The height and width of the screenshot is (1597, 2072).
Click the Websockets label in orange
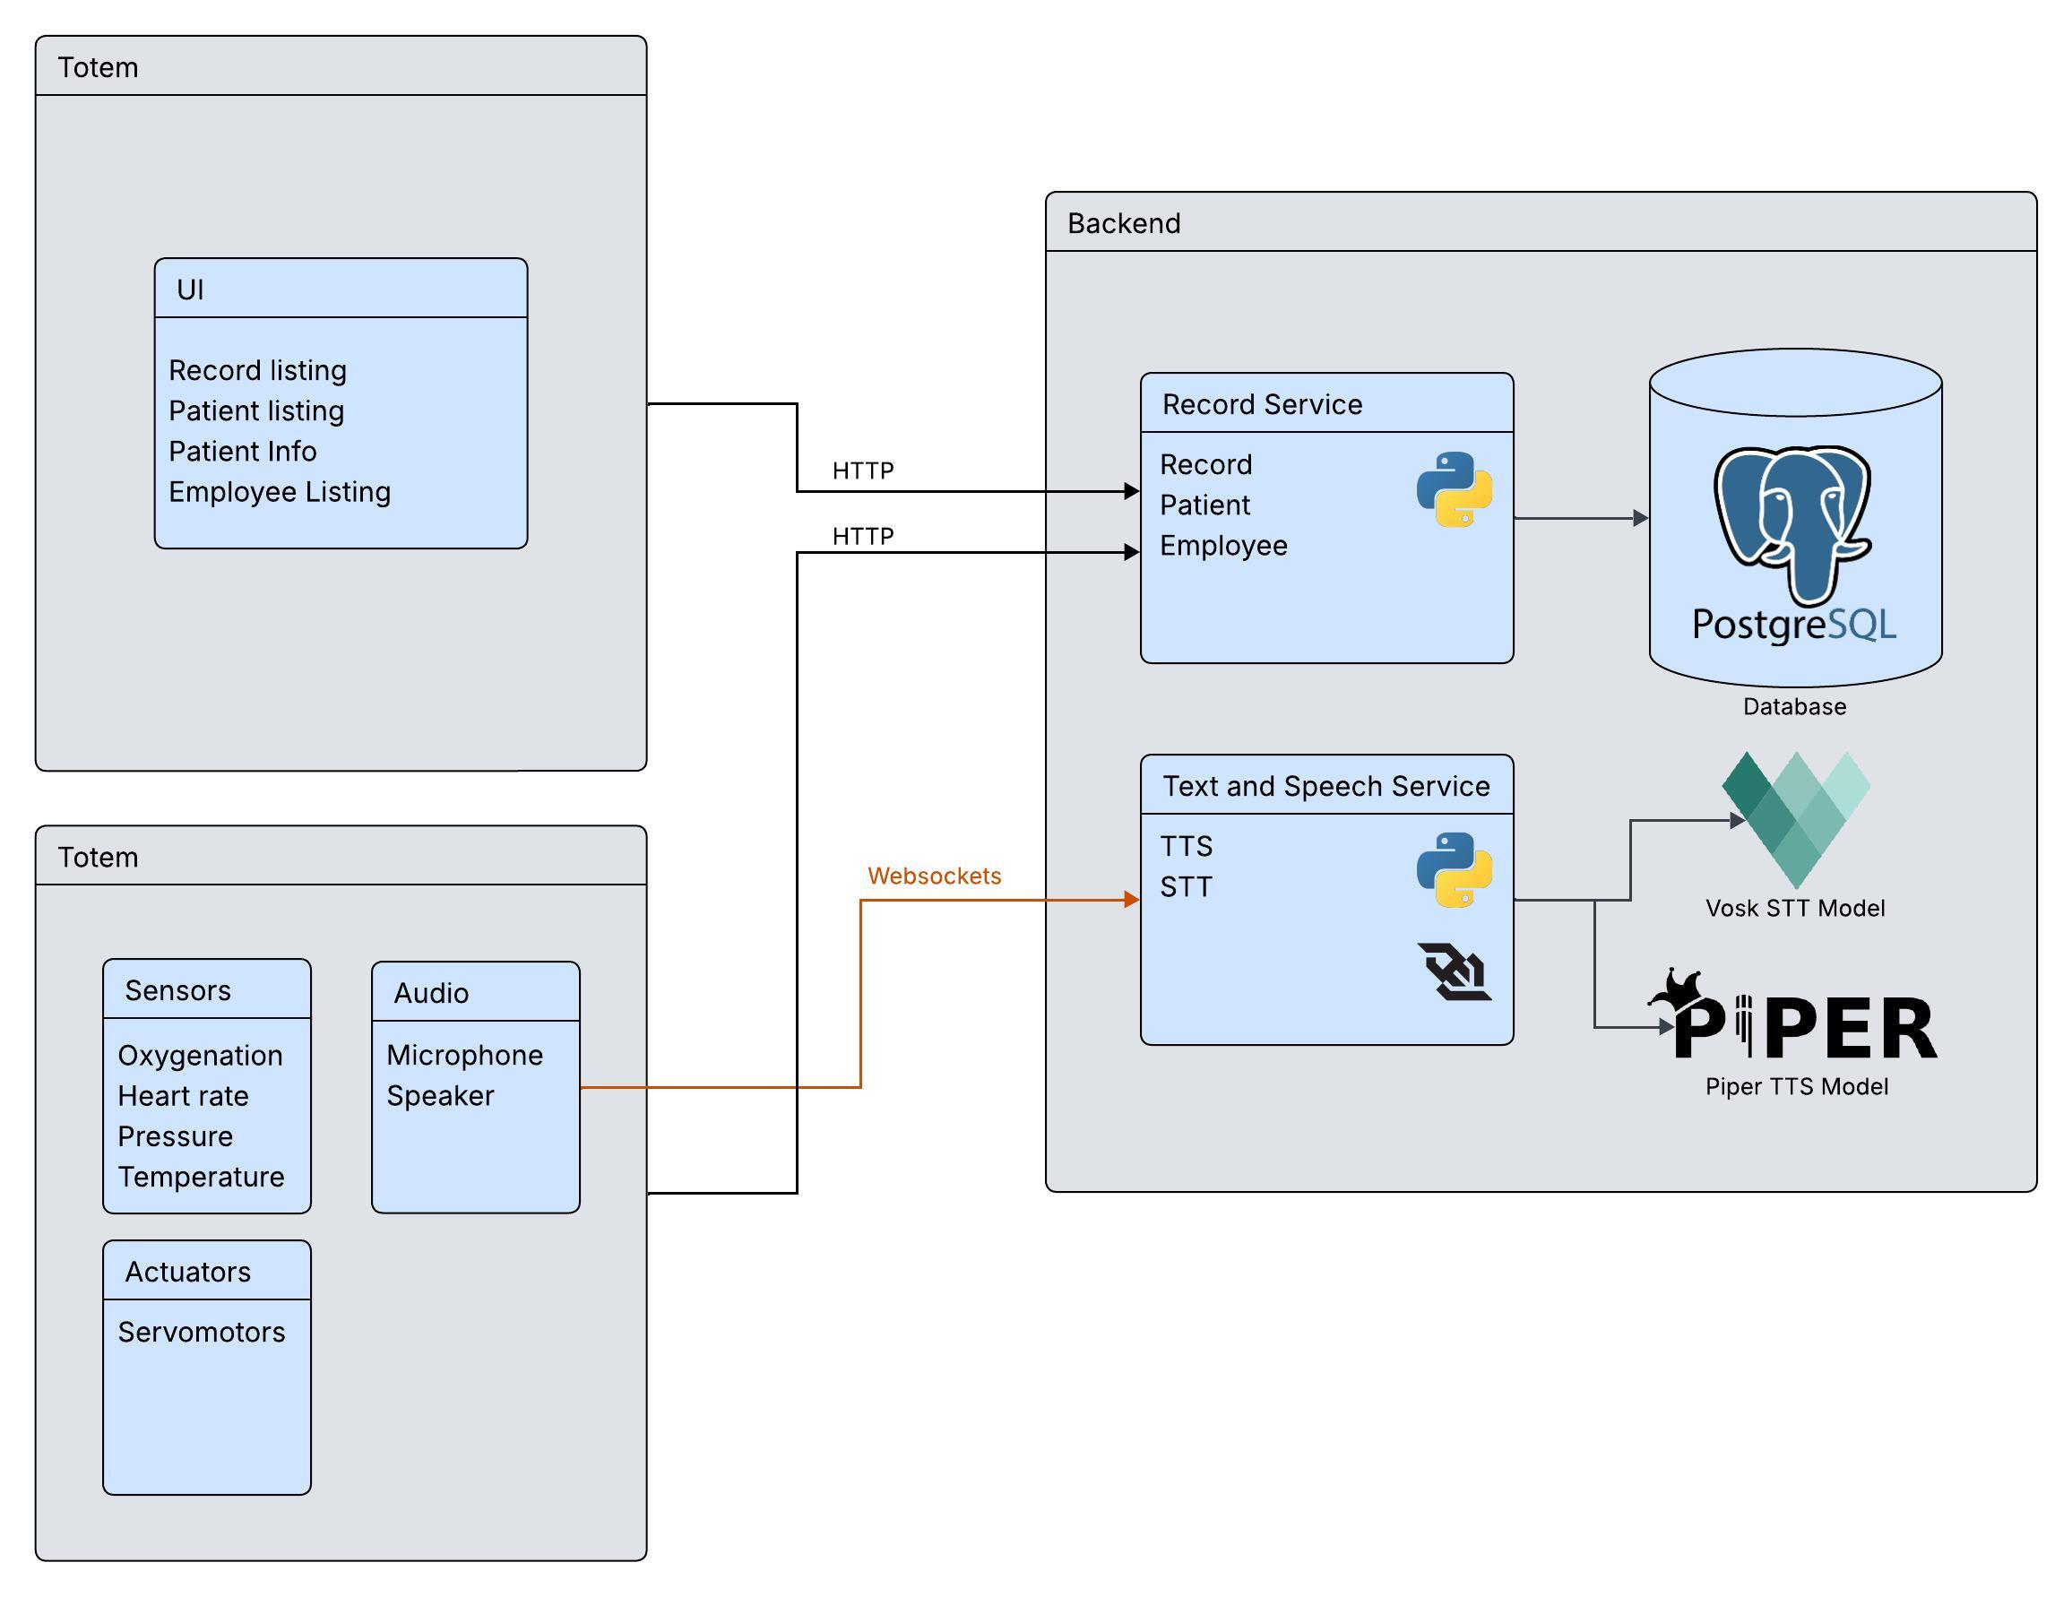pyautogui.click(x=934, y=876)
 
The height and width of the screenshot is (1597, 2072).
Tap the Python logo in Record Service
pyautogui.click(x=1455, y=488)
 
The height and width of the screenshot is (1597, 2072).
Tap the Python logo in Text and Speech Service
pyautogui.click(x=1455, y=869)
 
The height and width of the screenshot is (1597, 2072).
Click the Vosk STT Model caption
pyautogui.click(x=1795, y=908)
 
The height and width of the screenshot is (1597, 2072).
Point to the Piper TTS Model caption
pyautogui.click(x=1796, y=1086)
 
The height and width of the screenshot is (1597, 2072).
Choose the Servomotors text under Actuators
pyautogui.click(x=201, y=1333)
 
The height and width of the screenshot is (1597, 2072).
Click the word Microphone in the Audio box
pyautogui.click(x=465, y=1055)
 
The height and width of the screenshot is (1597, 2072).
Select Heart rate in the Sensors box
pyautogui.click(x=183, y=1096)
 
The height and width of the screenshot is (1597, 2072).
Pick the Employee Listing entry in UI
pyautogui.click(x=280, y=491)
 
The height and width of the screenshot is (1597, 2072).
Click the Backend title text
pyautogui.click(x=1124, y=223)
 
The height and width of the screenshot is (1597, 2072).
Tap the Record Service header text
pyautogui.click(x=1262, y=404)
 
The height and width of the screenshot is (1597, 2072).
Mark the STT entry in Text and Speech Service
pyautogui.click(x=1186, y=887)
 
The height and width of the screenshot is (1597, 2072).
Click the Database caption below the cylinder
pyautogui.click(x=1794, y=707)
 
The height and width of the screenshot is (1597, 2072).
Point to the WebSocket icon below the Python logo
pyautogui.click(x=1454, y=971)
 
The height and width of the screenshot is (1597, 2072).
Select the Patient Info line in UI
pyautogui.click(x=243, y=451)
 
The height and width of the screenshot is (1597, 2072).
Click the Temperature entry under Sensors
pyautogui.click(x=201, y=1177)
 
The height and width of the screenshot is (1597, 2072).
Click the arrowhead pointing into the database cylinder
pyautogui.click(x=1640, y=518)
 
